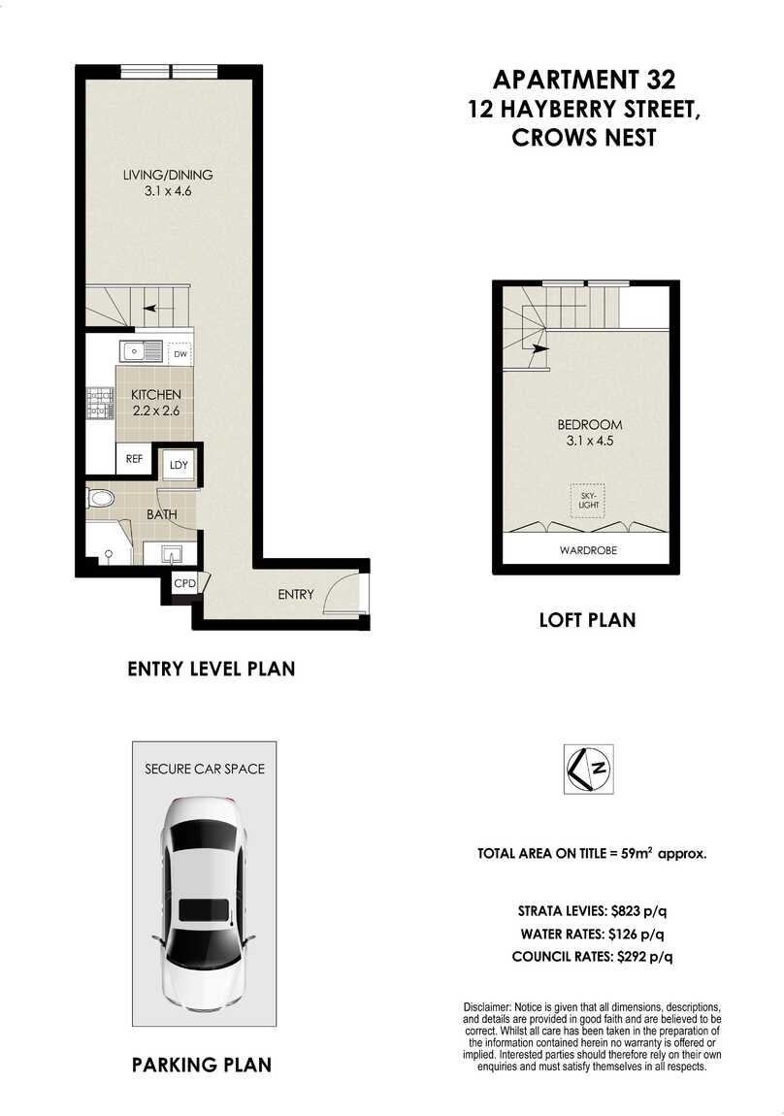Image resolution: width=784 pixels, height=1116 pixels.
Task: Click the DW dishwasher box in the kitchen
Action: pyautogui.click(x=180, y=354)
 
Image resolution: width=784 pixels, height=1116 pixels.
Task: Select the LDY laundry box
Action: pyautogui.click(x=178, y=466)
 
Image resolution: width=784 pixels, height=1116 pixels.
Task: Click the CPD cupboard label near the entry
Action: pyautogui.click(x=184, y=583)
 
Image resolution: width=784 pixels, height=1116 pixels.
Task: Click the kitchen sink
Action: pyautogui.click(x=141, y=350)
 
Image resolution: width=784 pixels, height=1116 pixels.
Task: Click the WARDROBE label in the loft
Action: pyautogui.click(x=588, y=550)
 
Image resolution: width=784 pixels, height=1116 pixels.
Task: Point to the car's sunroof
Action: pyautogui.click(x=205, y=910)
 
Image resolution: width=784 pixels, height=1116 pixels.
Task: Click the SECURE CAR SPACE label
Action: pyautogui.click(x=205, y=769)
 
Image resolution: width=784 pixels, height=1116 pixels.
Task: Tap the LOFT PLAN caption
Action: pyautogui.click(x=587, y=618)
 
